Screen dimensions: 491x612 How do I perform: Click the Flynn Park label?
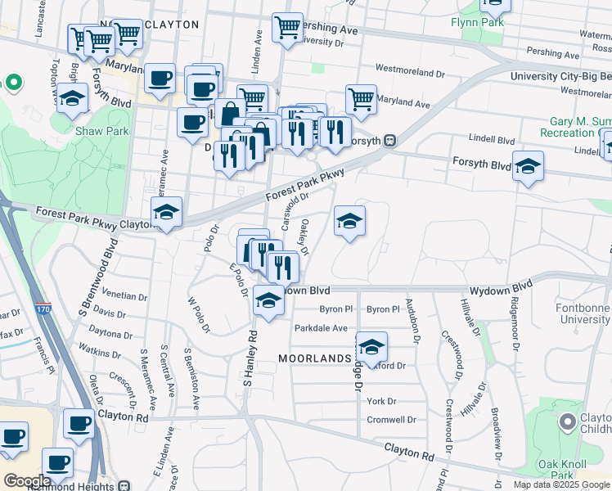click(x=477, y=22)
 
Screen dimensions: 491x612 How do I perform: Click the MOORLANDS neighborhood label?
click(x=315, y=358)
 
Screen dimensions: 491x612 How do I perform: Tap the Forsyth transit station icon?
click(x=390, y=140)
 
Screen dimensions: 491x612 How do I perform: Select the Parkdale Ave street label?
click(x=322, y=328)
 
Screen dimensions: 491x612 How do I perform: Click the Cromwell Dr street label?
click(x=392, y=420)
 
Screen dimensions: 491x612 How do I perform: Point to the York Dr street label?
click(x=381, y=401)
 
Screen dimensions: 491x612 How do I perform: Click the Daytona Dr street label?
click(x=110, y=334)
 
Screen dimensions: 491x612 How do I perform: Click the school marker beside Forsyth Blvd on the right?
click(x=528, y=166)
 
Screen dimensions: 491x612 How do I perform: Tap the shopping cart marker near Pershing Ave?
click(x=287, y=27)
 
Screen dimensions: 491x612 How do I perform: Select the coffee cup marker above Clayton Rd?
click(x=79, y=423)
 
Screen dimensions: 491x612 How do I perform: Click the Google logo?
click(x=27, y=481)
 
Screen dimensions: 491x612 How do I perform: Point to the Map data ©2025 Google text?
click(x=561, y=484)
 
